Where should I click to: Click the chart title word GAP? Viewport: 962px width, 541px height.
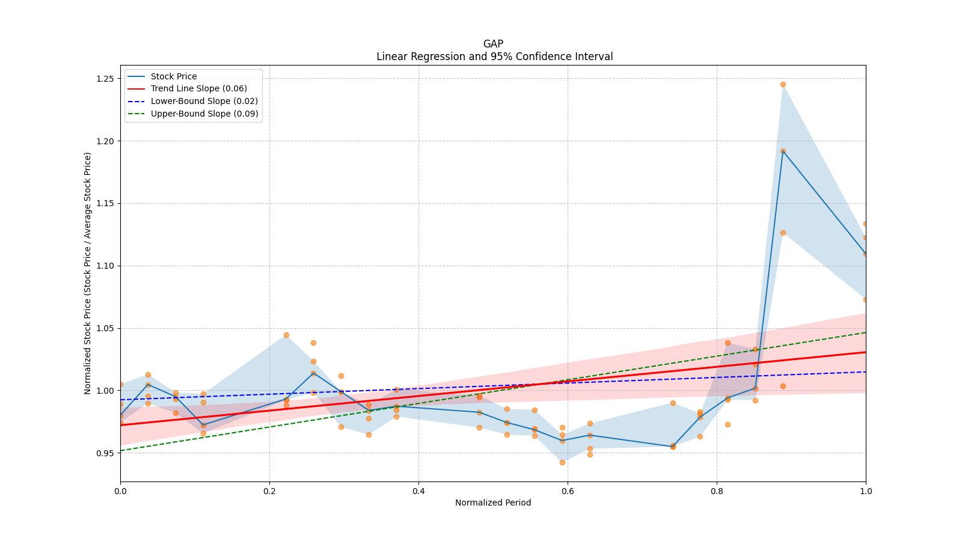tap(493, 44)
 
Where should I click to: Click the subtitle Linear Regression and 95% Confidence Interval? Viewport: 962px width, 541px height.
tap(494, 57)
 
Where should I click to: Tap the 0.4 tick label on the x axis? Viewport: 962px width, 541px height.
tap(418, 491)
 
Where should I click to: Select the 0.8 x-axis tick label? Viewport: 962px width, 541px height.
tap(717, 491)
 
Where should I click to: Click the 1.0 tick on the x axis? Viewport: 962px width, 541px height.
tap(866, 491)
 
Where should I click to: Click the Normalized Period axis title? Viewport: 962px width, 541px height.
tap(493, 503)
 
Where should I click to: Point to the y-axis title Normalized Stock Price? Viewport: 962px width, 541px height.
tap(88, 274)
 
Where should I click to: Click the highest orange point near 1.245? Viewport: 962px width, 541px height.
tap(783, 85)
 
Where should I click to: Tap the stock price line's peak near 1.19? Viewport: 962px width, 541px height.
tap(783, 151)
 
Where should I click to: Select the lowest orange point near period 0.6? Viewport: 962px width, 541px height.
tap(562, 462)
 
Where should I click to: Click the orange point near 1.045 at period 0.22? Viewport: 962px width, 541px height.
tap(286, 335)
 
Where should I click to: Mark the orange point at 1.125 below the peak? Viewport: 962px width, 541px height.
tap(783, 233)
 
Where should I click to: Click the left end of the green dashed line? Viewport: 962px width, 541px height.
tap(121, 450)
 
